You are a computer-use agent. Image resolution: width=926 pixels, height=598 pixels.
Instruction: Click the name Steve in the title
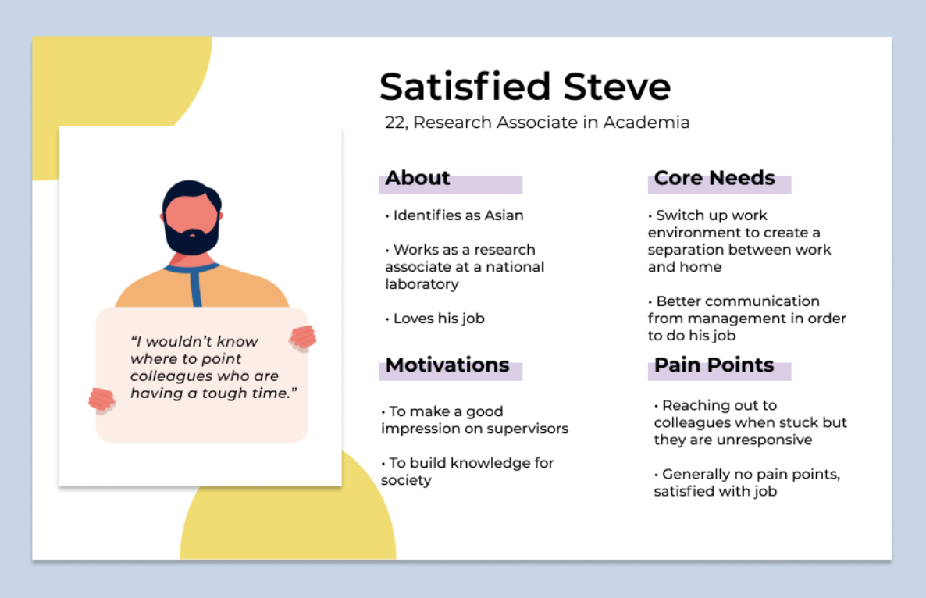coord(617,87)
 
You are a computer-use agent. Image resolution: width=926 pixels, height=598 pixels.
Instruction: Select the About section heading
coord(418,178)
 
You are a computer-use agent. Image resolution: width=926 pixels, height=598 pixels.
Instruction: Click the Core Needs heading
coord(714,178)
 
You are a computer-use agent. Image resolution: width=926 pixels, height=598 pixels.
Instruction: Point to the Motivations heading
coord(447,365)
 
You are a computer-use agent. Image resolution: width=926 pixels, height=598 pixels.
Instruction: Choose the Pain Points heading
coord(714,365)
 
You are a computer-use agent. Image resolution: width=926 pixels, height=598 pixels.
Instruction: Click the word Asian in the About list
coord(504,215)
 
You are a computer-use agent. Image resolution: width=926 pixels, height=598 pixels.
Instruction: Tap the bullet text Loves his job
coord(439,319)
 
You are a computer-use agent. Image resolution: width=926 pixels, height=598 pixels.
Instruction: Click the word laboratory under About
coord(422,284)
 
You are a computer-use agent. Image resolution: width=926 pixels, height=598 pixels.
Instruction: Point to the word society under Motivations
coord(406,481)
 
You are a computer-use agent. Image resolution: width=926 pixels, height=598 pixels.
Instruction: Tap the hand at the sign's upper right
coord(303,338)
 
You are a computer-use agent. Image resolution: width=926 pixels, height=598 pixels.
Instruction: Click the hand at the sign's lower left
coord(102,400)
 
